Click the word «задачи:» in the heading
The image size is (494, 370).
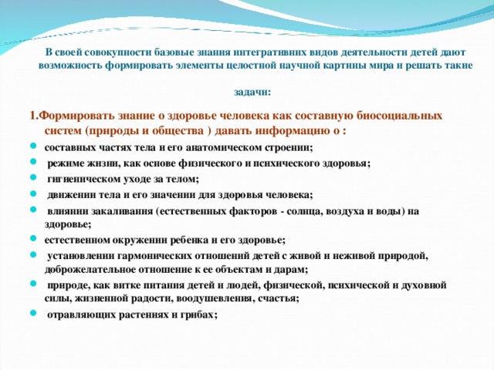click(x=252, y=92)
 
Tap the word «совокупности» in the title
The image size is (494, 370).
click(x=122, y=52)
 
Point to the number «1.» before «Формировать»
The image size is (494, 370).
click(x=35, y=116)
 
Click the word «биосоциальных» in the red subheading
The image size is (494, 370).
click(x=400, y=116)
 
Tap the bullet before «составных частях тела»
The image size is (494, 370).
click(x=33, y=146)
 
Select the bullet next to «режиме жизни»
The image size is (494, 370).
click(x=33, y=161)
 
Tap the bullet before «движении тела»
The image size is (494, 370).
click(x=33, y=193)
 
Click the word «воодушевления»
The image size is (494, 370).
click(x=215, y=298)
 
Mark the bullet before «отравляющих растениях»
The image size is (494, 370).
click(x=33, y=313)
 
